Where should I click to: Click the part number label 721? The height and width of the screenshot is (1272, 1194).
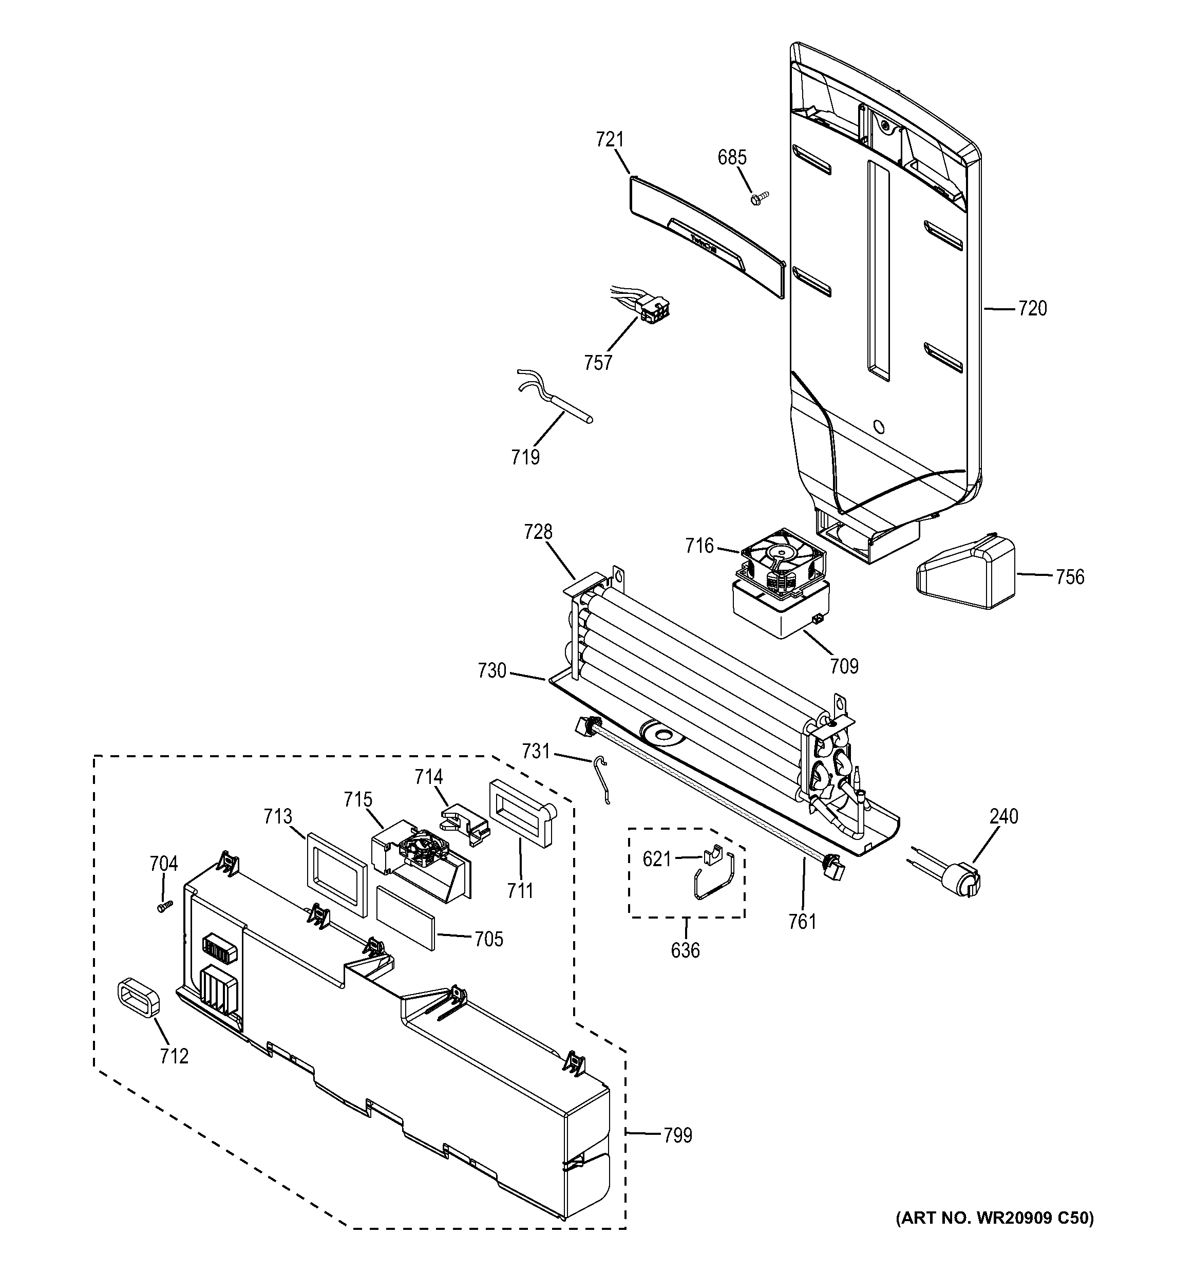(x=610, y=140)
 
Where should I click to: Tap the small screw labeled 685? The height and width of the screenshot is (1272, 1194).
(x=759, y=198)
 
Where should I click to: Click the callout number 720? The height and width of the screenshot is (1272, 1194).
(x=1032, y=309)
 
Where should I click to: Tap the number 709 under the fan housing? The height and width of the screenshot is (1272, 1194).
(x=844, y=667)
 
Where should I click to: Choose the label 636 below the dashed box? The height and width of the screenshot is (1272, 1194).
(x=685, y=951)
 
